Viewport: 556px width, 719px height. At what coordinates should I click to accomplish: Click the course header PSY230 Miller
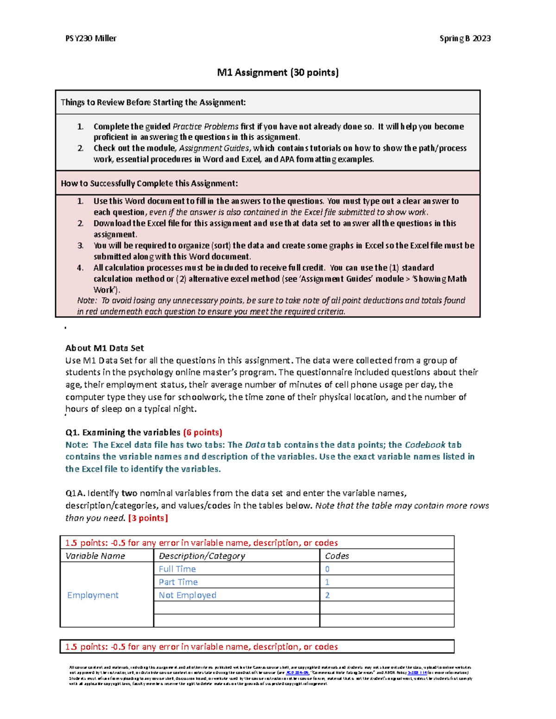click(91, 38)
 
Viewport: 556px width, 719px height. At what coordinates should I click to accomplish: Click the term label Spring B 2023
click(465, 38)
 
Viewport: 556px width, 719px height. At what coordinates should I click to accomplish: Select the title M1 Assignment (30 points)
click(278, 72)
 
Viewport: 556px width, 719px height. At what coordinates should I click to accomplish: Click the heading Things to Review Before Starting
click(153, 102)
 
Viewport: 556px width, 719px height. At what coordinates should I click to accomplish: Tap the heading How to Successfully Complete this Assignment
click(149, 183)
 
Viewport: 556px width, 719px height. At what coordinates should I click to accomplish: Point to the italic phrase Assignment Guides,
click(215, 148)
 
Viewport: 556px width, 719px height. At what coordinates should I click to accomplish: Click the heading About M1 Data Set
click(104, 348)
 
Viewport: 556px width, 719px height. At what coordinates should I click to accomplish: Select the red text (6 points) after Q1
click(202, 432)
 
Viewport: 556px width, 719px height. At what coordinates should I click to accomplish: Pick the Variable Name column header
click(95, 556)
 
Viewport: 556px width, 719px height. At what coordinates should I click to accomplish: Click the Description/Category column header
click(202, 556)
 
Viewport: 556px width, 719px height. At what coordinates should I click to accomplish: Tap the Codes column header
click(337, 556)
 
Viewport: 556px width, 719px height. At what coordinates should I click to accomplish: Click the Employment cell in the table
click(93, 595)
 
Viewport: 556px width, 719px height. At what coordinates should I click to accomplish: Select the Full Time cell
click(177, 569)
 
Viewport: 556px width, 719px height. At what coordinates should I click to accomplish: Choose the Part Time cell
click(178, 582)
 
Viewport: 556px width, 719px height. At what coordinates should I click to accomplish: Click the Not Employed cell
click(187, 595)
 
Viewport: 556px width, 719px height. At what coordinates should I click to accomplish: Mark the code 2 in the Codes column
click(327, 595)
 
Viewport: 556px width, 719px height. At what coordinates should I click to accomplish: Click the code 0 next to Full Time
click(327, 569)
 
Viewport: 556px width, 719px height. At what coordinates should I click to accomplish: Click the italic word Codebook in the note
click(425, 445)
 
